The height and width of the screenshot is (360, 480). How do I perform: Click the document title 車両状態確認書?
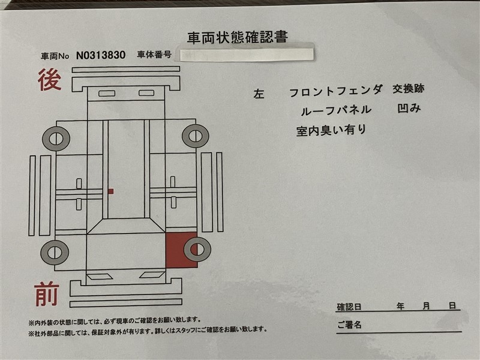(238, 38)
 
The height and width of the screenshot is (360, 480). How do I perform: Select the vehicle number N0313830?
(101, 55)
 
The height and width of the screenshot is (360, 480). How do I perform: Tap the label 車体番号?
(154, 55)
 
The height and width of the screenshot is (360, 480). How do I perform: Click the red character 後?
(49, 80)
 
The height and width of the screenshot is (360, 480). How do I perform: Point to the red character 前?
(47, 294)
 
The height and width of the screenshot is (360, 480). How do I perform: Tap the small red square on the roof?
(111, 191)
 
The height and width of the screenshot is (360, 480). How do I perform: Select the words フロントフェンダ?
(336, 91)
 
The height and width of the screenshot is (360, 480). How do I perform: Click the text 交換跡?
(409, 89)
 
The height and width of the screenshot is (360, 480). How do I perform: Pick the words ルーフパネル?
(336, 110)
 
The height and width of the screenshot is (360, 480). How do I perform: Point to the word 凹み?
(409, 108)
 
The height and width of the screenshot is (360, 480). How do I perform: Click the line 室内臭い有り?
(331, 130)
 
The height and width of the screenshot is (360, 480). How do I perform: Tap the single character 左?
(259, 94)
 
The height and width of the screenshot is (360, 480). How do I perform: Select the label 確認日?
(349, 307)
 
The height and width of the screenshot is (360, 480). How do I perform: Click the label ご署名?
(349, 325)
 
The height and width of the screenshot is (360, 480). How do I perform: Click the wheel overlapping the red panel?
(197, 249)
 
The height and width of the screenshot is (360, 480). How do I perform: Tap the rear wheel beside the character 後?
(56, 139)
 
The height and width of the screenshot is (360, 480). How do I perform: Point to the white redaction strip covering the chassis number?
(247, 55)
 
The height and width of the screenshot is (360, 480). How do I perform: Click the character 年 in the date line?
(400, 306)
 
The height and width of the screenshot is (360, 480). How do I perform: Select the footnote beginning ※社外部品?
(148, 330)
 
